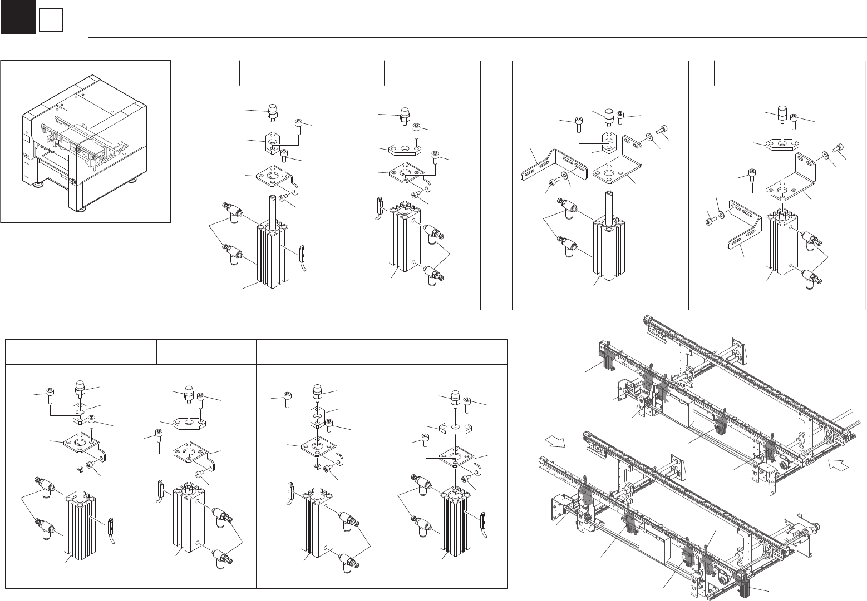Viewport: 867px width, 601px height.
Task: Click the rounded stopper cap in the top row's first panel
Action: [x=273, y=111]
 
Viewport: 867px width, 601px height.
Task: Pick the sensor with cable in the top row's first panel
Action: [x=303, y=254]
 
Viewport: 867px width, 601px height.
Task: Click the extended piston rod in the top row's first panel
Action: [x=273, y=209]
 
